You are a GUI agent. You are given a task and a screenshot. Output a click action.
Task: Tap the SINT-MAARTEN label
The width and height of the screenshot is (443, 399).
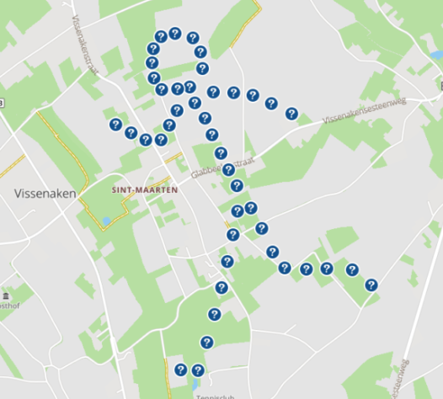(144, 190)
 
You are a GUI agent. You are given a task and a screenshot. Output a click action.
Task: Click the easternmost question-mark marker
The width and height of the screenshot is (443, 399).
(371, 285)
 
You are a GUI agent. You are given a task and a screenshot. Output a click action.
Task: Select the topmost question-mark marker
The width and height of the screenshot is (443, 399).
(174, 34)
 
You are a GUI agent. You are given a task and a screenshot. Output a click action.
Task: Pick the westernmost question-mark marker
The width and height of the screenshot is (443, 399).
(115, 125)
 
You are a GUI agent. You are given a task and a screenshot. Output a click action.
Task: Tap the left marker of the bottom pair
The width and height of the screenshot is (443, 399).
(180, 370)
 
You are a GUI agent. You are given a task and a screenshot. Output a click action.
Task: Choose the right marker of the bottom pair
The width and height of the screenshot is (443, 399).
(198, 370)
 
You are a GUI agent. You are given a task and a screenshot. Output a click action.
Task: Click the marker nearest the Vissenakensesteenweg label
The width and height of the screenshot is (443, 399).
(291, 114)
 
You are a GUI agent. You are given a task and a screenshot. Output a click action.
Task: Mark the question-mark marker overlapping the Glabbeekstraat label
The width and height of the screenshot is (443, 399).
(228, 170)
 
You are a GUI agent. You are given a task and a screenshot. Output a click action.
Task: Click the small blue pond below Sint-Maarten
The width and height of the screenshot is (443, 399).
(106, 221)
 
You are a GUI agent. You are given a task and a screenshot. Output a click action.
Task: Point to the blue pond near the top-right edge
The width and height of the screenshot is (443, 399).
(436, 55)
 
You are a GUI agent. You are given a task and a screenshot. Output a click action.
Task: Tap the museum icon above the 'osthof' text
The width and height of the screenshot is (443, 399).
(6, 296)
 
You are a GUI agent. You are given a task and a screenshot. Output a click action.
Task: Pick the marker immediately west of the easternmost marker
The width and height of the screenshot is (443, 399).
(350, 269)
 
